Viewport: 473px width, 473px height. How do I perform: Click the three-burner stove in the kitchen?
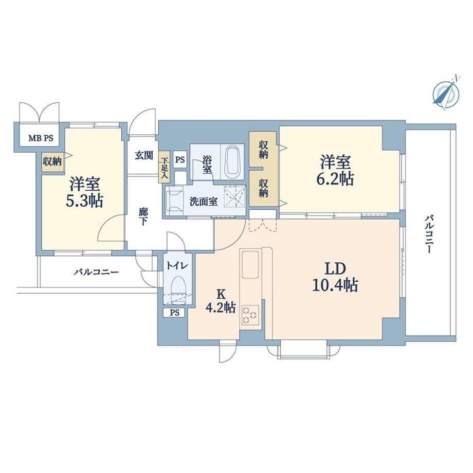point(250,315)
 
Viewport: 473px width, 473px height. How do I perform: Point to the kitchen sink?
point(250,264)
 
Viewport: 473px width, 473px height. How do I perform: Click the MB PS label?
point(41,138)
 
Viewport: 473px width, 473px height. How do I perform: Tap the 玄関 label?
point(144,155)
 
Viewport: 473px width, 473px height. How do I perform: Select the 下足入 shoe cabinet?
point(165,167)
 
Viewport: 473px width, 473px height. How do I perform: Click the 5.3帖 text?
point(84,201)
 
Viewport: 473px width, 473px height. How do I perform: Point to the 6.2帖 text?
point(335,179)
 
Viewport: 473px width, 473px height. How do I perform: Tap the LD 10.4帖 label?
point(335,277)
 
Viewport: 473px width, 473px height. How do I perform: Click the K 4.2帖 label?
point(221,300)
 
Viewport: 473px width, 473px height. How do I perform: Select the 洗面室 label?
point(204,202)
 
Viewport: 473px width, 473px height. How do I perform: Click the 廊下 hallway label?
point(143,216)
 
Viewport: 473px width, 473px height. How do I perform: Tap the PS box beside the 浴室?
point(180,159)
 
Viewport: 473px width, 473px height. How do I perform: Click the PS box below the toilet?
point(175,313)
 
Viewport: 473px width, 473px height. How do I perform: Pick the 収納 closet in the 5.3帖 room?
point(52,161)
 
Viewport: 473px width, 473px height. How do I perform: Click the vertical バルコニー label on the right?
point(429,234)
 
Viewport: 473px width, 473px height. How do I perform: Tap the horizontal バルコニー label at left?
point(97,272)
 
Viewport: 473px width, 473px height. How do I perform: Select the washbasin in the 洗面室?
point(175,201)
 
